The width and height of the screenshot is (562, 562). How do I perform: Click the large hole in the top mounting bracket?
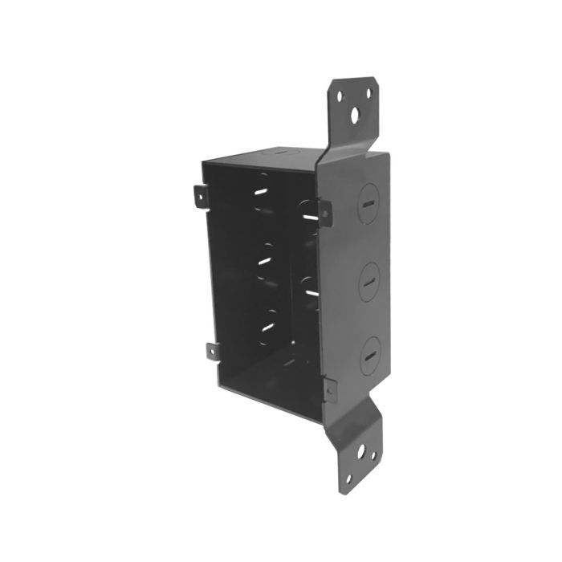353,112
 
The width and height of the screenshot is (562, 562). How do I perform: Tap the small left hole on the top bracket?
340,96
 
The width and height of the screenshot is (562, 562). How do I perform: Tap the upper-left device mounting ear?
199,193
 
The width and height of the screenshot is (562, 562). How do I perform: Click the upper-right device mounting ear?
324,211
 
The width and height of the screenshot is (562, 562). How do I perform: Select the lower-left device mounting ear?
211,350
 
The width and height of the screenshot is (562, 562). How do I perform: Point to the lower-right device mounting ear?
330,388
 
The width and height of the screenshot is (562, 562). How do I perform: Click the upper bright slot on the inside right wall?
309,214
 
